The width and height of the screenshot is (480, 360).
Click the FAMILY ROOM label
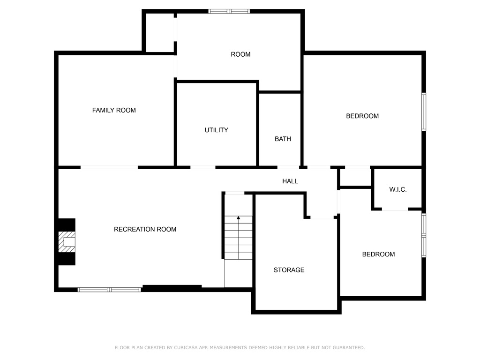pyautogui.click(x=114, y=110)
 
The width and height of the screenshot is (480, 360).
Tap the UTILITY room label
pyautogui.click(x=217, y=130)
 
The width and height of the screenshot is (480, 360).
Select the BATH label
pyautogui.click(x=283, y=139)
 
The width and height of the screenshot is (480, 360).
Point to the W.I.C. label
pyautogui.click(x=398, y=189)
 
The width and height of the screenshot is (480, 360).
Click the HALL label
pyautogui.click(x=290, y=181)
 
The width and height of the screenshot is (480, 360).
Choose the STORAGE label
pyautogui.click(x=289, y=270)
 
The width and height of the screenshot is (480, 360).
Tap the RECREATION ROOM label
pyautogui.click(x=145, y=229)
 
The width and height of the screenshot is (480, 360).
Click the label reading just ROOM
pyautogui.click(x=240, y=54)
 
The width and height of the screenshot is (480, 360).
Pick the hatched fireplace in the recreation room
pyautogui.click(x=67, y=242)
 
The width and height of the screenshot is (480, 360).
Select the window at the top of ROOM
pyautogui.click(x=229, y=11)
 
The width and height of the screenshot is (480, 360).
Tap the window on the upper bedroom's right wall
pyautogui.click(x=424, y=112)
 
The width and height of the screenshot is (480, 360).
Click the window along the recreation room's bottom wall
pyautogui.click(x=109, y=290)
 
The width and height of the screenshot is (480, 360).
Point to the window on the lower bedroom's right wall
pyautogui.click(x=424, y=235)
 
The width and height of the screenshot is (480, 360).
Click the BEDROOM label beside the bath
pyautogui.click(x=362, y=116)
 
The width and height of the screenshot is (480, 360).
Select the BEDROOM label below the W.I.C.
pyautogui.click(x=378, y=255)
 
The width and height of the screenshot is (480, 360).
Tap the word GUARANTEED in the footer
pyautogui.click(x=349, y=348)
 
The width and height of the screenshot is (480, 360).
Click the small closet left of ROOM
pyautogui.click(x=160, y=32)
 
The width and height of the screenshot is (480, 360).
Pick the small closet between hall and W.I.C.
pyautogui.click(x=355, y=177)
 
